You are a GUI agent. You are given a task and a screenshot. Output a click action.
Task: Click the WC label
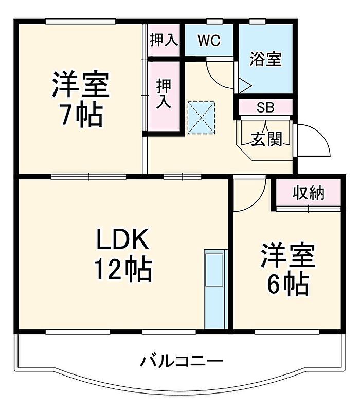(x=208, y=40)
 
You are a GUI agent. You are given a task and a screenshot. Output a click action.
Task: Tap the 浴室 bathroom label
(x=265, y=60)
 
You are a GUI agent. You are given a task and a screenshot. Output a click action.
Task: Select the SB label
(x=265, y=108)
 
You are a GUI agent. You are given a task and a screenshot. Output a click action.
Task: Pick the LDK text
(x=122, y=240)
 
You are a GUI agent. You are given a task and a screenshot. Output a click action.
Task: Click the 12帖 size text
(x=122, y=269)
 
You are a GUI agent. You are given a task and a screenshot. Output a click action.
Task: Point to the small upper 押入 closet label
(x=164, y=41)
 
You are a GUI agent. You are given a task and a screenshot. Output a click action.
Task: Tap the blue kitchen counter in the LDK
(x=215, y=289)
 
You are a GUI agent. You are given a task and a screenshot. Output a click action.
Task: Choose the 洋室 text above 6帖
(x=287, y=255)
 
